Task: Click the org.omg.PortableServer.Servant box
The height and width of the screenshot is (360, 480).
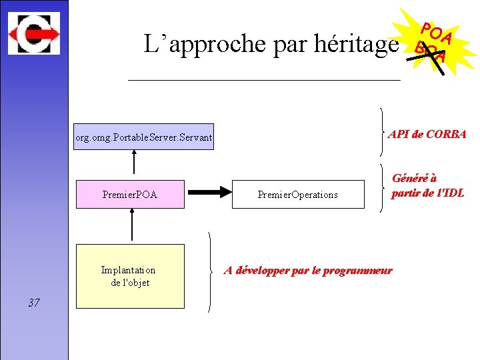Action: click(143, 137)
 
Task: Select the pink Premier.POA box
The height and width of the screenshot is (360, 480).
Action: click(130, 194)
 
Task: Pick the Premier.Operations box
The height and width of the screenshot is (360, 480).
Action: click(298, 194)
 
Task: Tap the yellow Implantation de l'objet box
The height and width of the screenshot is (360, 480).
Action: click(130, 276)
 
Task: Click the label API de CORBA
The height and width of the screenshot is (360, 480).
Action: click(427, 134)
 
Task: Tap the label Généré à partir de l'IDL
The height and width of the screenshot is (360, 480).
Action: click(427, 186)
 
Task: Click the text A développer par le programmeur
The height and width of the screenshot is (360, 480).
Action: click(308, 271)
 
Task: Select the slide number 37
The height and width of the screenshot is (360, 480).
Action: click(34, 303)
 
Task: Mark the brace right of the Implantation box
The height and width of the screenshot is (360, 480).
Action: click(211, 271)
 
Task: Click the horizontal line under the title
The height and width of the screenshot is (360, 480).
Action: click(263, 80)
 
